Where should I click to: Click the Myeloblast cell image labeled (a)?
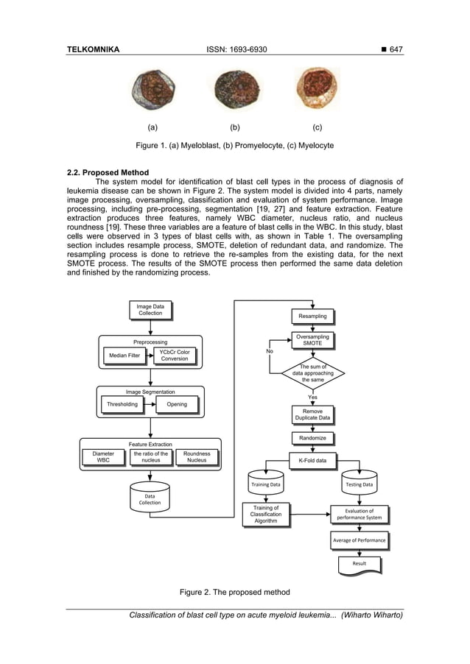point(152,91)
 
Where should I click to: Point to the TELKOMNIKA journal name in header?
point(94,49)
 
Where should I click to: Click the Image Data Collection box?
point(150,310)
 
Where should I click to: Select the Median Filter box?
point(124,356)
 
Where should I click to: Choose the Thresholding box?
point(122,404)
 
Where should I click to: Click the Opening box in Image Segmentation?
point(177,404)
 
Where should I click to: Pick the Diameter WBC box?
point(103,457)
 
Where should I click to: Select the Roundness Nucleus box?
point(197,457)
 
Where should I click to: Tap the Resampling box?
point(312,317)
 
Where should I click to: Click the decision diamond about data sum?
point(312,372)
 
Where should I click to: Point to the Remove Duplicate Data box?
point(312,414)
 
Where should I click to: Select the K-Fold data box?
point(312,461)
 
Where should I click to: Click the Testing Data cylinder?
point(359,484)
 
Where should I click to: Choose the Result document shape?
point(359,565)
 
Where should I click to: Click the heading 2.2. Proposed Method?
point(108,173)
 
